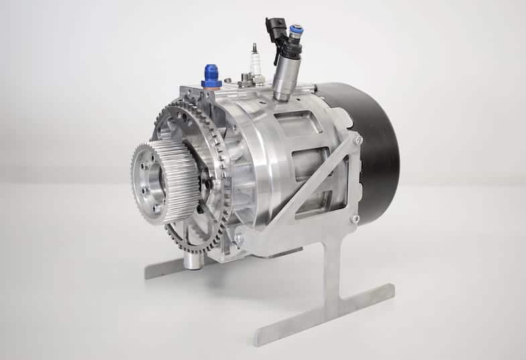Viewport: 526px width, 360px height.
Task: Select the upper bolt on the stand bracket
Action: (358, 139)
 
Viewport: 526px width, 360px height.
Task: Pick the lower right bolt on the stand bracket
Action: (355, 219)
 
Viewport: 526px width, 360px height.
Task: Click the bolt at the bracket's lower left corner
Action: (239, 239)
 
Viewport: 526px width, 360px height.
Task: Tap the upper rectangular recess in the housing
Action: (294, 124)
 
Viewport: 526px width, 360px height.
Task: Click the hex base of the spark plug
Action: (255, 80)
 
